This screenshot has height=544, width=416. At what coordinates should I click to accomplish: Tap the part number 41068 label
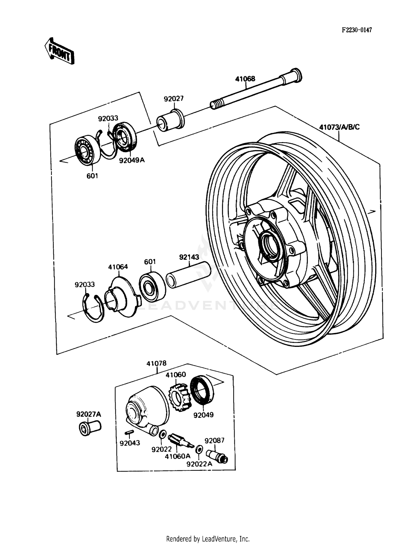click(245, 79)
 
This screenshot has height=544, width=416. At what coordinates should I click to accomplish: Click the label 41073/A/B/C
click(339, 127)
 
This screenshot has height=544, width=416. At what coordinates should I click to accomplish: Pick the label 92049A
click(132, 160)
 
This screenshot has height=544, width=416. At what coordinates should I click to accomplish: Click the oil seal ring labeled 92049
click(202, 390)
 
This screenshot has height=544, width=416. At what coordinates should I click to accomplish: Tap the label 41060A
click(177, 456)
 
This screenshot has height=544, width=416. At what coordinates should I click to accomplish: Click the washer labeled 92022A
click(199, 449)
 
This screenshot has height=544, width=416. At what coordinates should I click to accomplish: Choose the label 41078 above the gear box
click(157, 363)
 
